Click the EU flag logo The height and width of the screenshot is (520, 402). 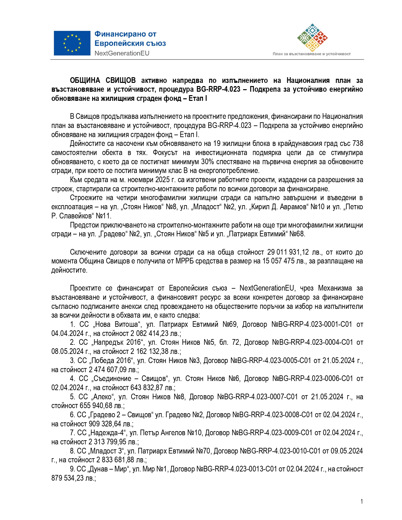point(72,43)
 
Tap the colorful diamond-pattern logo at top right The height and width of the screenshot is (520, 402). point(312,38)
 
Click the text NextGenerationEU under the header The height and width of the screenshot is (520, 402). point(122,53)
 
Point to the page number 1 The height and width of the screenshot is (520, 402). point(362,501)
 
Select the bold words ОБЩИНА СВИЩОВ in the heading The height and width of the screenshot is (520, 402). point(103,81)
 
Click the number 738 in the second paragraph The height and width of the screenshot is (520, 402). point(358,144)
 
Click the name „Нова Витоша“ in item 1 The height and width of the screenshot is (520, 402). point(117,325)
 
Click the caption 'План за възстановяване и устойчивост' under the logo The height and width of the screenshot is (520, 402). point(312,54)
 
